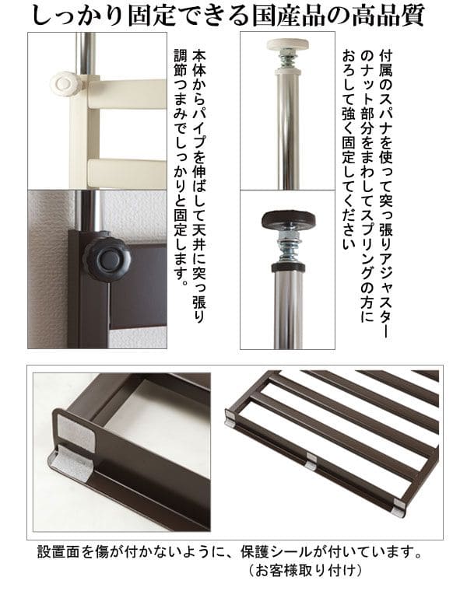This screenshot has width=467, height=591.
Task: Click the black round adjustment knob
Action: pyautogui.click(x=107, y=257)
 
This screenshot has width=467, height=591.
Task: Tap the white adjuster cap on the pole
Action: pyautogui.click(x=287, y=44)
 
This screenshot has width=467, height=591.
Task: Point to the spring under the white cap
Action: pyautogui.click(x=287, y=60)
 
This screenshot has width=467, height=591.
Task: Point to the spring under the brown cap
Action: pyautogui.click(x=288, y=246)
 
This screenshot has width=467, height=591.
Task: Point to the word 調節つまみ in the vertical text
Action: pyautogui.click(x=181, y=84)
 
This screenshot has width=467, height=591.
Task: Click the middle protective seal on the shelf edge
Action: pyautogui.click(x=311, y=460)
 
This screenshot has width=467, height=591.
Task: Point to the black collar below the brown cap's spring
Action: pyautogui.click(x=289, y=268)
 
